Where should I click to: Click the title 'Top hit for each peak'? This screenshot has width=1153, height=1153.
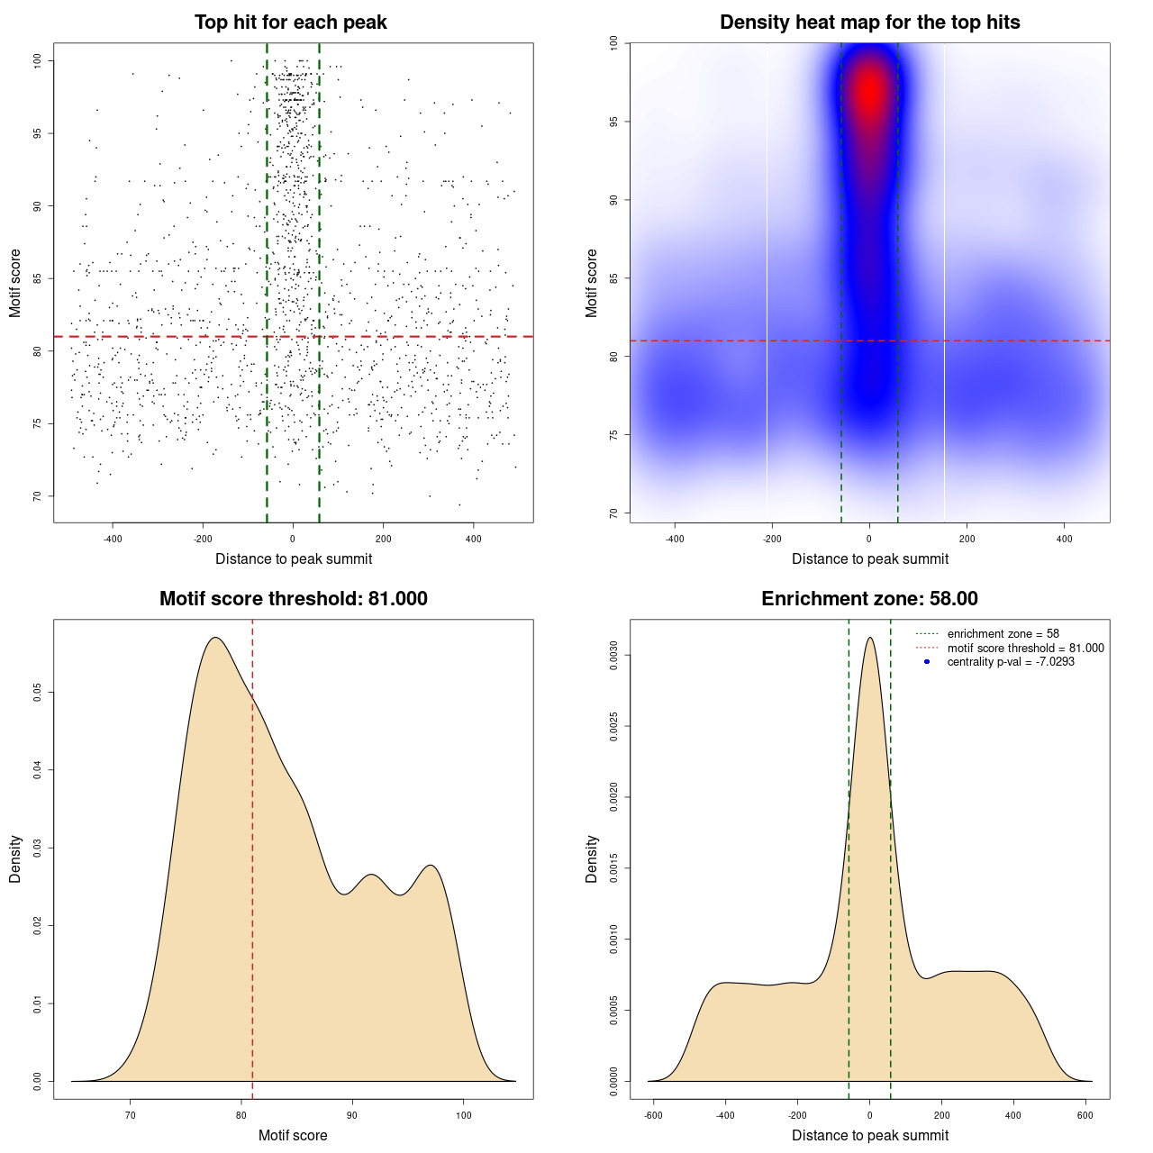click(x=290, y=23)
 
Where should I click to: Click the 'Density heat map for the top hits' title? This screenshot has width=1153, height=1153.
click(x=869, y=23)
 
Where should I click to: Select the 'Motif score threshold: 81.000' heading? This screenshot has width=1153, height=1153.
click(x=293, y=599)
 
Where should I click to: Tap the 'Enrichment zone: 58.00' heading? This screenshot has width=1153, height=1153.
click(x=869, y=599)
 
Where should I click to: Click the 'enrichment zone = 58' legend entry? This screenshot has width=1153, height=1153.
click(x=1003, y=634)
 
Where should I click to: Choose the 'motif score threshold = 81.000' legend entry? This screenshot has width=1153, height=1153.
click(x=1025, y=648)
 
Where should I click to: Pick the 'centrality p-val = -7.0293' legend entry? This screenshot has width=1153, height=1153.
click(x=1011, y=662)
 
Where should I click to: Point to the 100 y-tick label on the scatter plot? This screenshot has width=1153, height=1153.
click(x=37, y=60)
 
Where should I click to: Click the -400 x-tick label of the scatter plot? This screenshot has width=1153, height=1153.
click(x=113, y=539)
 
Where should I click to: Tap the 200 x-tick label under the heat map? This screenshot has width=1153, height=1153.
click(x=967, y=539)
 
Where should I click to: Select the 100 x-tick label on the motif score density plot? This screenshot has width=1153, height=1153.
click(x=463, y=1115)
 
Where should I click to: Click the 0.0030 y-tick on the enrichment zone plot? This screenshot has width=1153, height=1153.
click(x=613, y=655)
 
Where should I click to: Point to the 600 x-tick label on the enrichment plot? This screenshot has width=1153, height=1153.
click(x=1085, y=1115)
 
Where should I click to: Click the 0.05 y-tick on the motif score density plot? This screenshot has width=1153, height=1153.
click(x=37, y=692)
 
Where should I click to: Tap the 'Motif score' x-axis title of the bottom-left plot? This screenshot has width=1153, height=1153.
click(x=293, y=1135)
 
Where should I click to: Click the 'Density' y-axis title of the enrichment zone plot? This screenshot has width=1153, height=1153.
click(x=592, y=858)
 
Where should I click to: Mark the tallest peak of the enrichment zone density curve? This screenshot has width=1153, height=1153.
click(x=869, y=638)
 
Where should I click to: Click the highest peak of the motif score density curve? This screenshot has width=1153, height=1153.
click(x=215, y=638)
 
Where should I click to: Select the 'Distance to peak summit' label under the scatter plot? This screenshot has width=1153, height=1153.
click(x=294, y=558)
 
